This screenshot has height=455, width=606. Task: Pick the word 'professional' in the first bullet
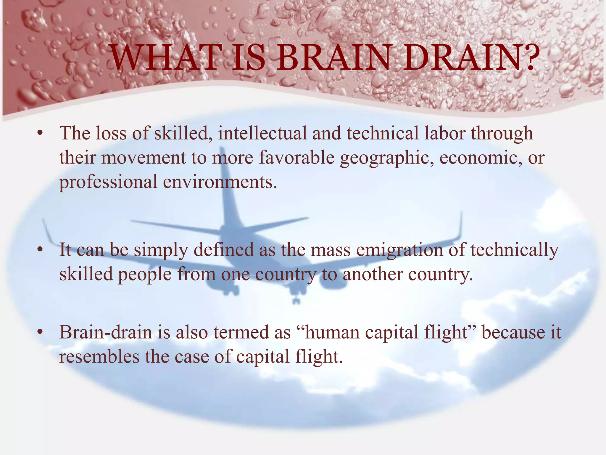coord(108,182)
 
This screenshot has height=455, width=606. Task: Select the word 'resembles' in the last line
coord(99,357)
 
